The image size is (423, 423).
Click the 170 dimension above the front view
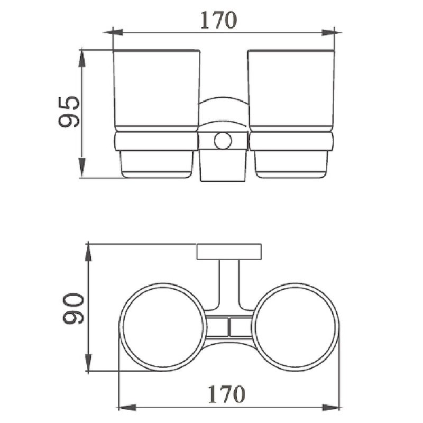tap(218, 20)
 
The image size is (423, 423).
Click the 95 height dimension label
tap(69, 112)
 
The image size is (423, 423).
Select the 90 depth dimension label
tap(73, 308)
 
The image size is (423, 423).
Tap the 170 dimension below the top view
tap(227, 394)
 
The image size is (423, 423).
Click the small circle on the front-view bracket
tap(223, 141)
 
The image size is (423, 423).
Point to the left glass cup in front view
tap(157, 90)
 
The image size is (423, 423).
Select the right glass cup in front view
tap(291, 90)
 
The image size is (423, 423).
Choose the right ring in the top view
tap(337, 327)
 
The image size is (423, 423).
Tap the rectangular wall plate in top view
tap(229, 252)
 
